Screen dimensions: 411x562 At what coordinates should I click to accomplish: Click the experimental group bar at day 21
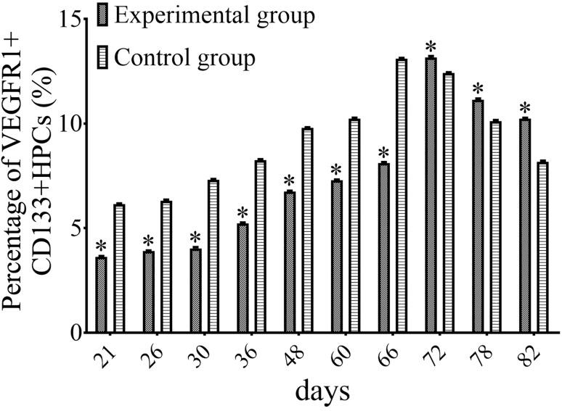(102, 295)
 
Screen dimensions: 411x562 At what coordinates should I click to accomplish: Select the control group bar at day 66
(402, 196)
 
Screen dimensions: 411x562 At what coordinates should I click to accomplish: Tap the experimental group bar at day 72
(431, 195)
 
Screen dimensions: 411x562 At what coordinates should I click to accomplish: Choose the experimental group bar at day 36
(243, 278)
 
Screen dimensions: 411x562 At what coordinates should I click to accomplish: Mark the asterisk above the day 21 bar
(102, 246)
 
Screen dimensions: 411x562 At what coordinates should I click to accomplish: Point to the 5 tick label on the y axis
(75, 228)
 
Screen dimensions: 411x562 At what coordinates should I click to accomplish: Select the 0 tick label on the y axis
(75, 333)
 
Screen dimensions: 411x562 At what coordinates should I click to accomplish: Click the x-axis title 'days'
(322, 391)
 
